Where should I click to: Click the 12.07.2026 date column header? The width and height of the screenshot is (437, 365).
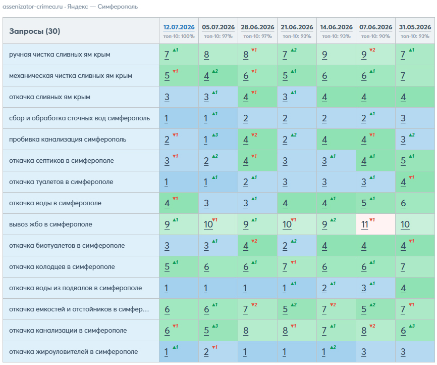tap(179, 27)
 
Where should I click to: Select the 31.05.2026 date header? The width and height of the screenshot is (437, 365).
tap(415, 27)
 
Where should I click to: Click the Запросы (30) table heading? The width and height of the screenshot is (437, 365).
tap(34, 31)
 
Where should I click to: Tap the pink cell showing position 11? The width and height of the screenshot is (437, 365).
tap(375, 224)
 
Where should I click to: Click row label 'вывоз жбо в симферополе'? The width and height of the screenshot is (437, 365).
tap(50, 224)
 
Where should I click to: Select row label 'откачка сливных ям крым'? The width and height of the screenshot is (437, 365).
tap(49, 97)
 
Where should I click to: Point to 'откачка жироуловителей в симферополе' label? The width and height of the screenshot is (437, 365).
tap(73, 351)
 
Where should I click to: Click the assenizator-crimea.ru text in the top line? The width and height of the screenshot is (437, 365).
tap(33, 7)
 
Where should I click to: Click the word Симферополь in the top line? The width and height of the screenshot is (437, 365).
tap(118, 7)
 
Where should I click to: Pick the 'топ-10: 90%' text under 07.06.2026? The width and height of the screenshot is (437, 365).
tap(375, 36)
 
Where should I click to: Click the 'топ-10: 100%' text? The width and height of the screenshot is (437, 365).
tap(179, 36)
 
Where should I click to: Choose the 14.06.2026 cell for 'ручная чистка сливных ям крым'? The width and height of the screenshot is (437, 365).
tap(336, 55)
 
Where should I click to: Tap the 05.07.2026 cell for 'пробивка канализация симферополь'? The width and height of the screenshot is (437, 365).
tap(218, 140)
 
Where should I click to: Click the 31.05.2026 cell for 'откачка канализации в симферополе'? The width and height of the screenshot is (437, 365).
tap(415, 331)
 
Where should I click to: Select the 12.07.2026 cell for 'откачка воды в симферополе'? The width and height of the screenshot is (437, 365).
tap(179, 203)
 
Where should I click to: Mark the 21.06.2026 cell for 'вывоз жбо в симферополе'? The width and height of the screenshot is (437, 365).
tap(297, 224)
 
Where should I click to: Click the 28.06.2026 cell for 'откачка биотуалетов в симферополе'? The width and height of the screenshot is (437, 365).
tap(257, 246)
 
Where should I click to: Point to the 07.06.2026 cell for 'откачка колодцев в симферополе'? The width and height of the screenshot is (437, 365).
tap(375, 267)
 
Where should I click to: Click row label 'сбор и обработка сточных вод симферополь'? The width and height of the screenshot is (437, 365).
tap(79, 118)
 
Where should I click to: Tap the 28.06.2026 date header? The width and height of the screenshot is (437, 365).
tap(257, 27)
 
